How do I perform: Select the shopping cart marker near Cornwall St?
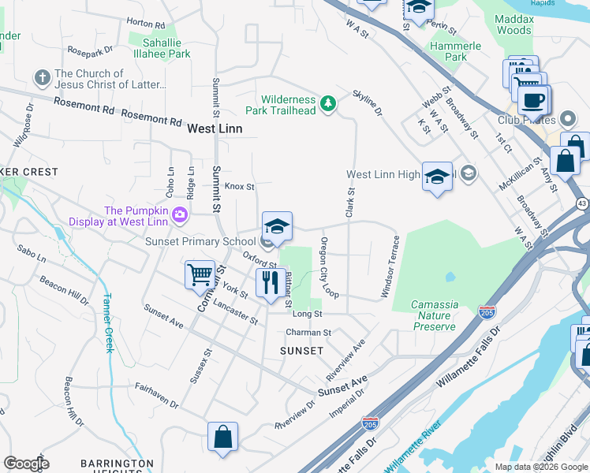200,276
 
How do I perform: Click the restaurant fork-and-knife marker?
271,282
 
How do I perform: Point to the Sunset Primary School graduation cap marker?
277,227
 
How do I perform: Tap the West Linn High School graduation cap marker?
437,177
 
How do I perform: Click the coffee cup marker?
534,100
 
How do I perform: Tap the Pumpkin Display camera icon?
180,214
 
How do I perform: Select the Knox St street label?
239,187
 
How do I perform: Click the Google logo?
26,464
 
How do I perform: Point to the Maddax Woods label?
513,24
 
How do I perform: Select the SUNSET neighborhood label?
301,350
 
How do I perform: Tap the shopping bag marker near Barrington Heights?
222,437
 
